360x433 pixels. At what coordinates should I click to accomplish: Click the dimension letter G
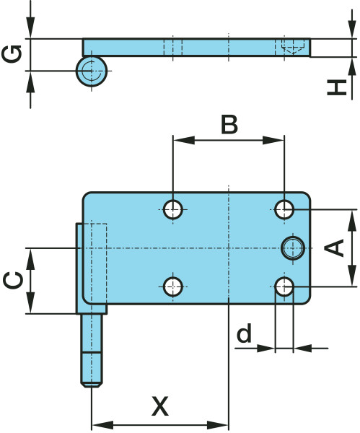(12, 53)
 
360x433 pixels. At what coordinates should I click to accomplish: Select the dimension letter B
(229, 124)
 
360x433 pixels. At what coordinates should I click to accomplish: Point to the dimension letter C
(13, 281)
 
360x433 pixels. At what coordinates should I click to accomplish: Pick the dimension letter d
(245, 332)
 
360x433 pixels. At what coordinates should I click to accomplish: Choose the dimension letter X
(160, 406)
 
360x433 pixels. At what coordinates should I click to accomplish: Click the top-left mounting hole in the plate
(173, 209)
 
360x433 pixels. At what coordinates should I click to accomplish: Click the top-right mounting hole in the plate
(284, 209)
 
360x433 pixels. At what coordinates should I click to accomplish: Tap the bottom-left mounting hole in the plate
(173, 287)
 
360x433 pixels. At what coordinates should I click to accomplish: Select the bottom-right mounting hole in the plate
(284, 287)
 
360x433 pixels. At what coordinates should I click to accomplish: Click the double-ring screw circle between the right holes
(293, 248)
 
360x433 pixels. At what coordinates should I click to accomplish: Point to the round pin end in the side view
(92, 71)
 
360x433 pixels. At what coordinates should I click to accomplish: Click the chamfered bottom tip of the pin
(92, 385)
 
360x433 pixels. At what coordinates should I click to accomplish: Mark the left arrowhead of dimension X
(102, 425)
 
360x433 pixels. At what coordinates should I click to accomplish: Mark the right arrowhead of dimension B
(273, 140)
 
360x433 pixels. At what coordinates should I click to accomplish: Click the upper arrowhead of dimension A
(352, 220)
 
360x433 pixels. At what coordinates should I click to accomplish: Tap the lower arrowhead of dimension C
(30, 303)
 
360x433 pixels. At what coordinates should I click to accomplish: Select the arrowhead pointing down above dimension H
(352, 28)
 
